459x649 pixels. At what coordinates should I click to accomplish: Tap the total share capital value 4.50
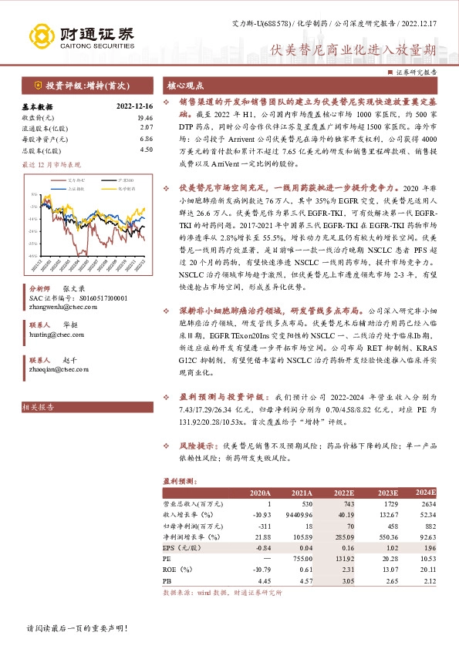point(144,150)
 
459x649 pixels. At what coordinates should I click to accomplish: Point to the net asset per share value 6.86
point(144,139)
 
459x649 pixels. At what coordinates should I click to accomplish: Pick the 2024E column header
point(426,492)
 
